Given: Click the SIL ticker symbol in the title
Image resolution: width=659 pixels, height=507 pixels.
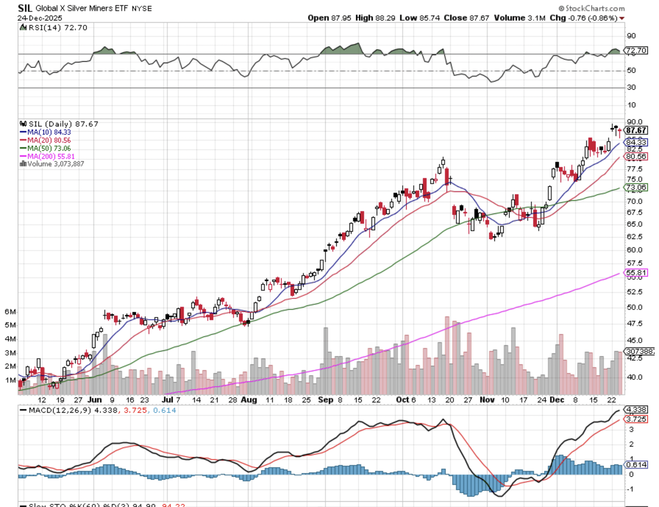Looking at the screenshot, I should point(25,8).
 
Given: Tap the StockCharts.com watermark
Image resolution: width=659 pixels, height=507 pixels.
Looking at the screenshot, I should point(591,8).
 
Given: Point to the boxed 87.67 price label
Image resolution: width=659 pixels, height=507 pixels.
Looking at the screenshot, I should point(636,130).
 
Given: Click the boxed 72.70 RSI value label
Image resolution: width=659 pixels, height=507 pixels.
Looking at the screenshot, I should point(636,50).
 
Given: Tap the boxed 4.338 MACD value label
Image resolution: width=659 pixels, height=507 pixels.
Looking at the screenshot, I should point(636,409).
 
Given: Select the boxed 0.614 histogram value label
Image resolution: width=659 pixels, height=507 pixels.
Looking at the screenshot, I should point(636,465).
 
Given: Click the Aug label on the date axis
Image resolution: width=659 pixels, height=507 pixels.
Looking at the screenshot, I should point(249,400).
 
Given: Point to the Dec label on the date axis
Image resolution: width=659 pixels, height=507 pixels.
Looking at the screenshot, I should point(557,400).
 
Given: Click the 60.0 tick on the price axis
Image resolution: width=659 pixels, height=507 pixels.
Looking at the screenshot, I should point(634,250).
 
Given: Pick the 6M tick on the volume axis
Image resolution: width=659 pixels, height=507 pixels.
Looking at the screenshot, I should point(10,312).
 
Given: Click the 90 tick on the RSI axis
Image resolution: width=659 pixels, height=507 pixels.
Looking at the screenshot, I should point(631,36).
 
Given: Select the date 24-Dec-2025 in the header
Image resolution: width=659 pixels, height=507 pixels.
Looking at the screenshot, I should point(40,18).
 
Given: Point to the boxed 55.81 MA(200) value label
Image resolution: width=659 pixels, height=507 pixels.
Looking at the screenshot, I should point(636,273).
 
